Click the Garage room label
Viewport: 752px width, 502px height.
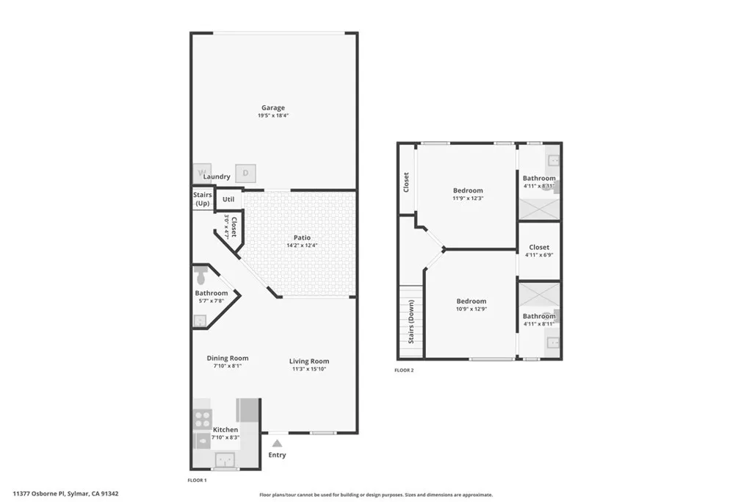(272, 108)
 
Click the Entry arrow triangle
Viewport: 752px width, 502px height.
(277, 443)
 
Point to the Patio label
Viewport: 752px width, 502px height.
(302, 237)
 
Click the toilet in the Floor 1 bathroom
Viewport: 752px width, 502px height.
(202, 276)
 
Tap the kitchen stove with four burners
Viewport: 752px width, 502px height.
(202, 419)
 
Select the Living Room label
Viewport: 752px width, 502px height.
(308, 361)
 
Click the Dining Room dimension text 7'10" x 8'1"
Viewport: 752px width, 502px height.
(227, 366)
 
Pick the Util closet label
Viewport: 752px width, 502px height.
(229, 199)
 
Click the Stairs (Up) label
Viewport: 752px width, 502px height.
(203, 198)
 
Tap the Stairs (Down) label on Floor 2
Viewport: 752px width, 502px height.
(411, 321)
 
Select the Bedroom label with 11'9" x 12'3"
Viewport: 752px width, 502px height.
(468, 190)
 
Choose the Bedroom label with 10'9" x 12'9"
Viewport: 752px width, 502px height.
(471, 301)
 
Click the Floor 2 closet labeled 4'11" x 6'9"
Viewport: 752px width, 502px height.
(539, 248)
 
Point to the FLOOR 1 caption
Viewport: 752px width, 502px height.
(198, 480)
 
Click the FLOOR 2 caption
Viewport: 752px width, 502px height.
(404, 370)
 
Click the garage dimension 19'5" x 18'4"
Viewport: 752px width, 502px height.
(272, 116)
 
